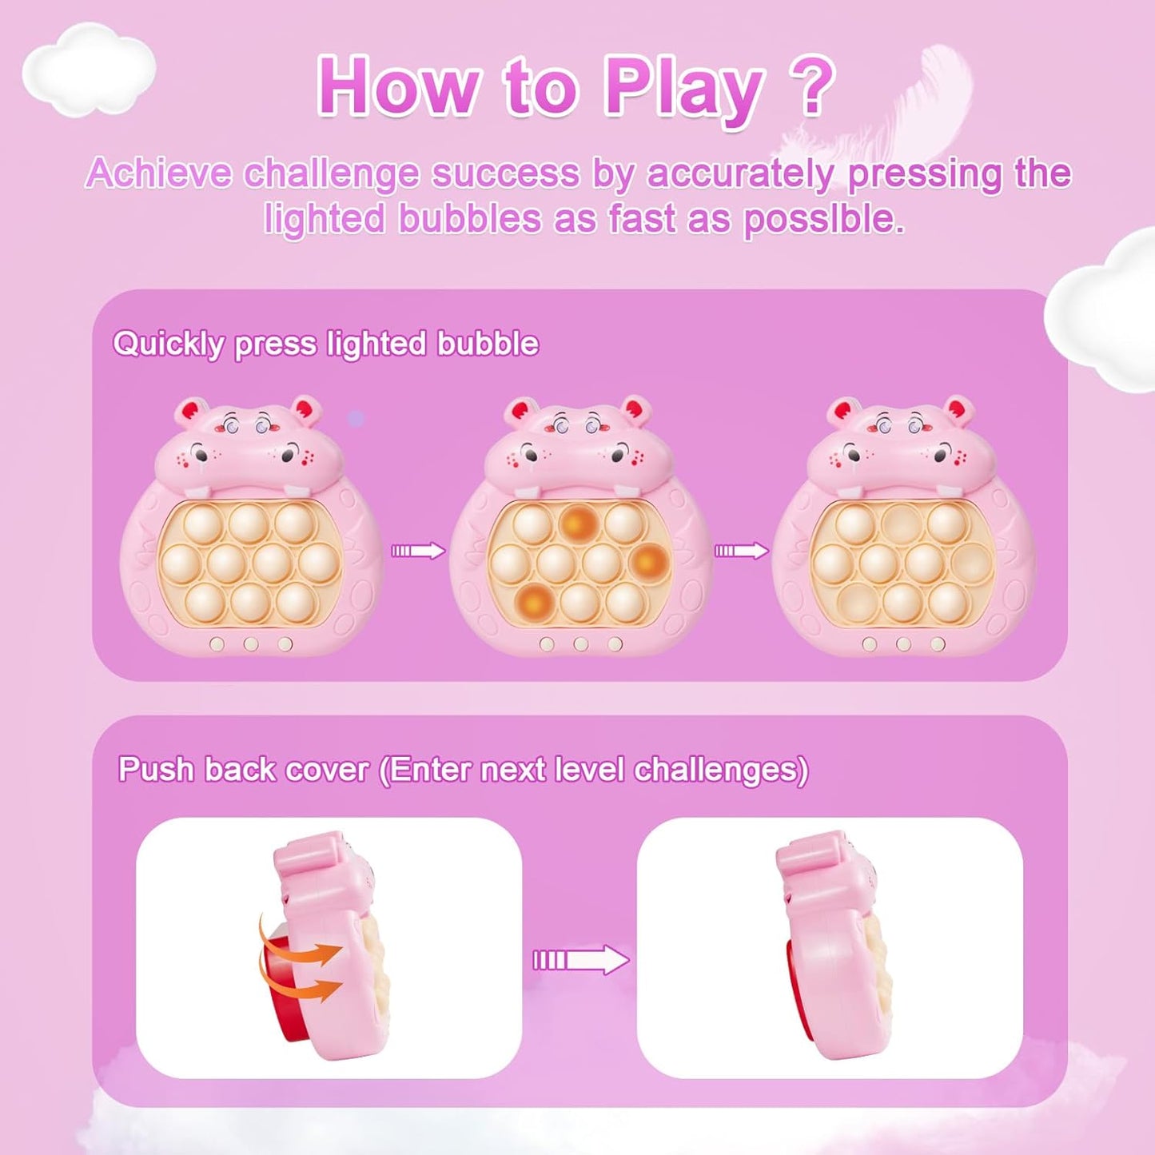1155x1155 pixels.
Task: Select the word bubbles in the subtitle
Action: (x=470, y=218)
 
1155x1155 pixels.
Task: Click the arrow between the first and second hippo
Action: (x=418, y=551)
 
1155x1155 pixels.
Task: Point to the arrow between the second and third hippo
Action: (x=742, y=551)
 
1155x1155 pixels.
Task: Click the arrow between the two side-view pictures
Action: (x=581, y=960)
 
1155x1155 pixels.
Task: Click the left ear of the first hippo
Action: (x=188, y=412)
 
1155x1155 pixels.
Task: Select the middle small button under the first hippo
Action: (x=250, y=644)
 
